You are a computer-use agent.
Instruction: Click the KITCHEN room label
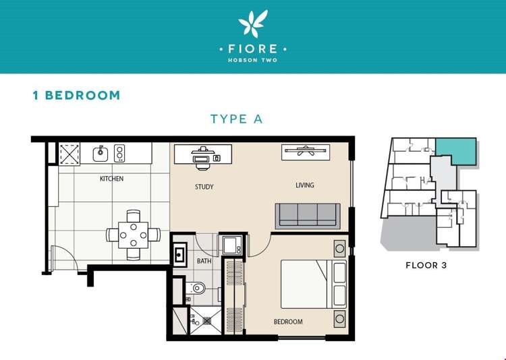click(111, 179)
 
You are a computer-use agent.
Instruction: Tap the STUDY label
click(204, 187)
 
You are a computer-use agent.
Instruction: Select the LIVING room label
click(305, 185)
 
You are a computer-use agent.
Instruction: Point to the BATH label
click(204, 261)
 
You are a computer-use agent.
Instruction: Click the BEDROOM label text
click(288, 322)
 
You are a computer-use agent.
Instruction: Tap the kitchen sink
click(101, 154)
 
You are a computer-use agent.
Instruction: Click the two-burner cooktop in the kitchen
click(119, 153)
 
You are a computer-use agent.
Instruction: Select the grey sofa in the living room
click(308, 216)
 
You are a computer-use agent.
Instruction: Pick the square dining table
click(134, 235)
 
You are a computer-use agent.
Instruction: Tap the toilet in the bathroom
click(195, 288)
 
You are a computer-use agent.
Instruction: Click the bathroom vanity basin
click(179, 254)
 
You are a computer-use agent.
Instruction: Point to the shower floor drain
click(206, 321)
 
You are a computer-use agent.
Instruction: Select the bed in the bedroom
click(313, 284)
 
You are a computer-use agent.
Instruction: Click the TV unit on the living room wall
click(306, 152)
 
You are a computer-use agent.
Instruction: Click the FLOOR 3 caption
click(426, 266)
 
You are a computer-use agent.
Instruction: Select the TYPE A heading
click(237, 119)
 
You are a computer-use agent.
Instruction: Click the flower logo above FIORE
click(253, 23)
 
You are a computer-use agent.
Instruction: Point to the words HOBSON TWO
click(253, 60)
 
